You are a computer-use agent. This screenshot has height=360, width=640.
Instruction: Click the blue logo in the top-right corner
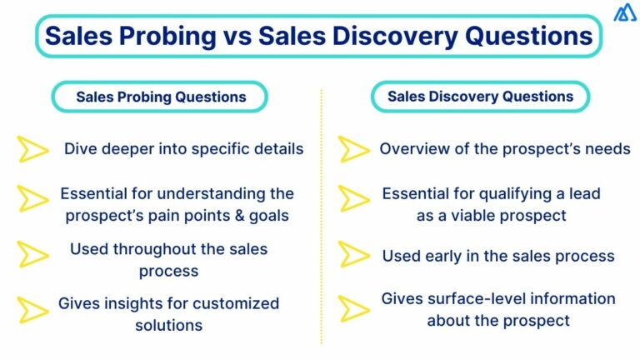(x=624, y=14)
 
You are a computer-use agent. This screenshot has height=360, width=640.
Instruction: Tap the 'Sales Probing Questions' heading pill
(x=161, y=97)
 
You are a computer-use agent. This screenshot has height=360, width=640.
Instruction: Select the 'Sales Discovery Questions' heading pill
(x=480, y=97)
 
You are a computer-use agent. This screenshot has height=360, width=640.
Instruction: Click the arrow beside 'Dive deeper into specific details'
(x=33, y=150)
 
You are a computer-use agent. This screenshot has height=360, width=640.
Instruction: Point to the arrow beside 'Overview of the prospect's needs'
(x=354, y=150)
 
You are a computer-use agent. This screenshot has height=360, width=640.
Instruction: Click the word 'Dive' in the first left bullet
(x=81, y=149)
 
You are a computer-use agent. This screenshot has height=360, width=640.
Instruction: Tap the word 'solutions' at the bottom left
(x=168, y=324)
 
